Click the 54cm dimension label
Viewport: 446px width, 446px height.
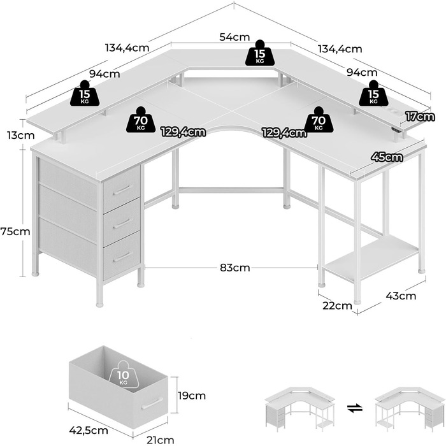click(234, 37)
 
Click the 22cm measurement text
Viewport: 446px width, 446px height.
click(338, 305)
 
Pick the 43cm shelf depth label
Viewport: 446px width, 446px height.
click(401, 296)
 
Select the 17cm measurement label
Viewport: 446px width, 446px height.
click(420, 116)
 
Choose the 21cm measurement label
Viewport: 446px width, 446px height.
click(161, 440)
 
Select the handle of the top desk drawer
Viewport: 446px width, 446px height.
click(121, 189)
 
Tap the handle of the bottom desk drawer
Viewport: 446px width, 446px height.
click(121, 257)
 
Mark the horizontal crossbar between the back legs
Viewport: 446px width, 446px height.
click(231, 189)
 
